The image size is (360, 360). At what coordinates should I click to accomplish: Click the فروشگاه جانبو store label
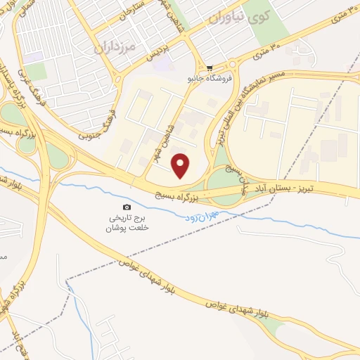(210, 79)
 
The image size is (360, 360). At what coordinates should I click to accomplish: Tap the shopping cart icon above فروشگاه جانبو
(210, 68)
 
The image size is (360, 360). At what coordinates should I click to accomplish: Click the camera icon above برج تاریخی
(127, 207)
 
